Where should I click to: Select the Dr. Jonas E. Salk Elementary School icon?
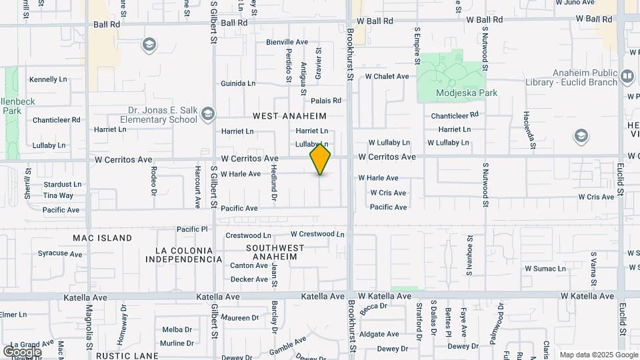(209, 112)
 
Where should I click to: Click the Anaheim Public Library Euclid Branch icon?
(627, 77)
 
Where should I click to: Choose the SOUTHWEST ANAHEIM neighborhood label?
(271, 252)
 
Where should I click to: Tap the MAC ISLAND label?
(103, 237)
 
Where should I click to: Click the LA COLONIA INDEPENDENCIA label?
(188, 255)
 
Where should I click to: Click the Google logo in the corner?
(22, 352)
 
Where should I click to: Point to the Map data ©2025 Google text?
(597, 355)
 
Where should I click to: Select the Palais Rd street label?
(326, 101)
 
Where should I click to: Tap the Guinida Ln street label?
(238, 83)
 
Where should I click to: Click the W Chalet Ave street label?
(387, 76)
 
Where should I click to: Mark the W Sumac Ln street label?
(545, 269)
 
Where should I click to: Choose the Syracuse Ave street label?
(60, 253)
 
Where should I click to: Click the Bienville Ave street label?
(287, 42)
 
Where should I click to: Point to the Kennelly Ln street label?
(48, 79)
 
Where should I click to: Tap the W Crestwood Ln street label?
(317, 234)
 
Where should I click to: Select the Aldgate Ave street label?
(379, 334)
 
